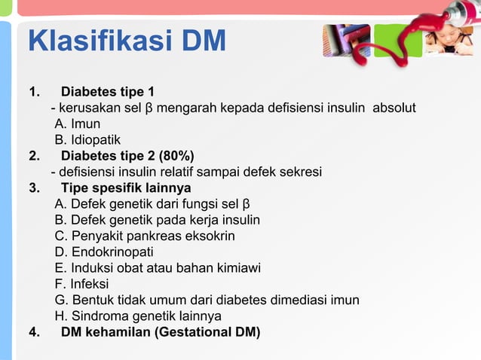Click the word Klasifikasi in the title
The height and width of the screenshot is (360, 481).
pyautogui.click(x=100, y=41)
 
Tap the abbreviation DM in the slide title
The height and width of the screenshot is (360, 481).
pyautogui.click(x=202, y=41)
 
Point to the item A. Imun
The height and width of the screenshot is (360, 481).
pyautogui.click(x=77, y=124)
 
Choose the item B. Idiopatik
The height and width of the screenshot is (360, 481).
pyautogui.click(x=87, y=140)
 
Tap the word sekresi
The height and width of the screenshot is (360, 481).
pyautogui.click(x=300, y=172)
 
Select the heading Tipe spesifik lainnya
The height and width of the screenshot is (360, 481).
pyautogui.click(x=126, y=188)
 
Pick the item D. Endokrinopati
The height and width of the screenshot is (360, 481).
pyautogui.click(x=103, y=252)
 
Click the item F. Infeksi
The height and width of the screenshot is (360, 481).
pyautogui.click(x=81, y=284)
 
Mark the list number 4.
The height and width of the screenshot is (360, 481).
pyautogui.click(x=33, y=331)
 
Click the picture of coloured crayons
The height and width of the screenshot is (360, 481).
pyautogui.click(x=346, y=40)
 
